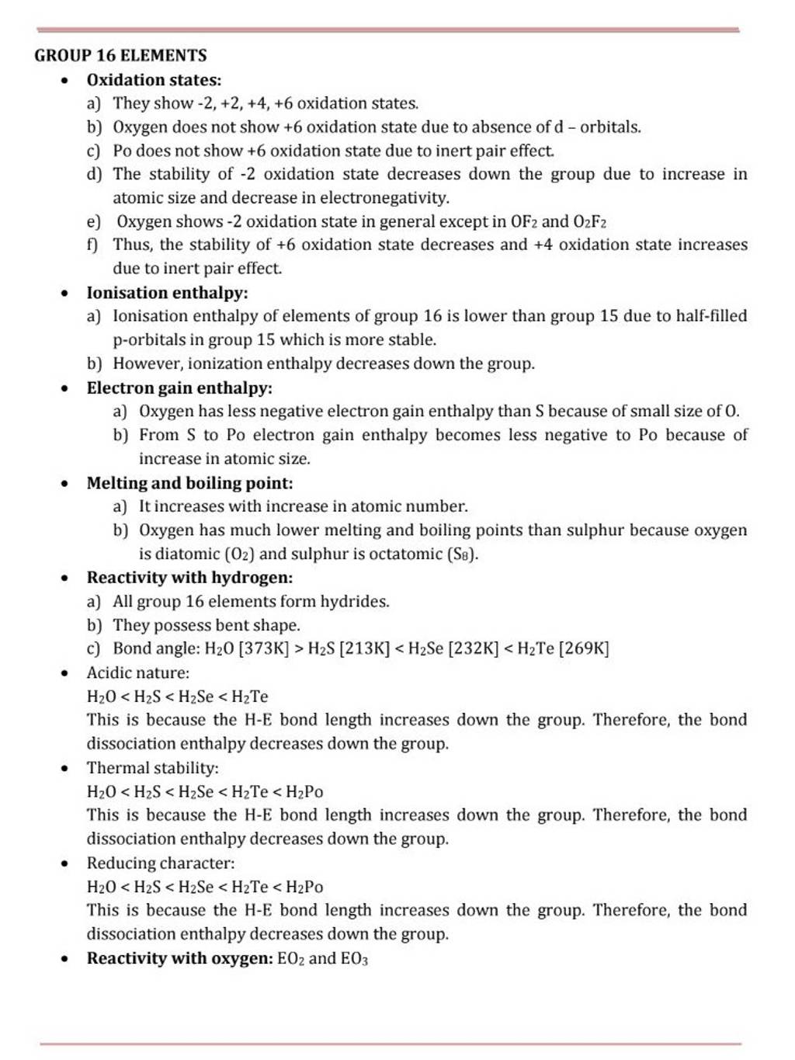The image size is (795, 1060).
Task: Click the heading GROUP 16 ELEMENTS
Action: pyautogui.click(x=120, y=55)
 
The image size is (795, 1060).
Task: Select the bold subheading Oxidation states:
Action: pyautogui.click(x=154, y=80)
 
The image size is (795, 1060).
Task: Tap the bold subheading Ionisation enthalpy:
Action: pyautogui.click(x=167, y=293)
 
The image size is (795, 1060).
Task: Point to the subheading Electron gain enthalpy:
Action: pyautogui.click(x=179, y=388)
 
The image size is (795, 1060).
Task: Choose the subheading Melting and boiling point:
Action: pyautogui.click(x=189, y=483)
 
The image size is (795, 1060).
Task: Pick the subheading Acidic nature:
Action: pyautogui.click(x=137, y=672)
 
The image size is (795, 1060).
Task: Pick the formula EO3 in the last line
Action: pyautogui.click(x=354, y=959)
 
